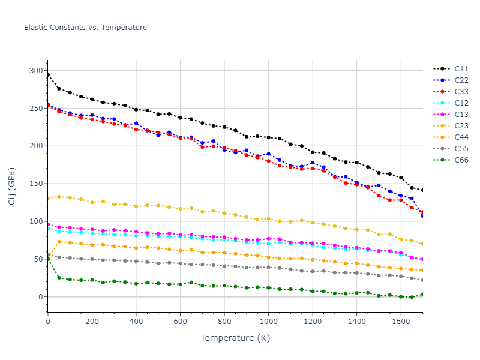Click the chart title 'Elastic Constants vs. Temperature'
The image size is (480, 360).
click(85, 28)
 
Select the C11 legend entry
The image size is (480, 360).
click(461, 69)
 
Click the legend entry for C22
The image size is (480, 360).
click(461, 80)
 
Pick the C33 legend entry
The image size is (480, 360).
click(461, 92)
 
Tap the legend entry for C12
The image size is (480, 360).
click(461, 103)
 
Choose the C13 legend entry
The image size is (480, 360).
click(461, 115)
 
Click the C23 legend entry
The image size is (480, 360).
click(461, 126)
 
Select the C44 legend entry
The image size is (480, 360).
click(461, 137)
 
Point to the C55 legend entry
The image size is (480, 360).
click(461, 149)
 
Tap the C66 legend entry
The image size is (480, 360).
click(461, 160)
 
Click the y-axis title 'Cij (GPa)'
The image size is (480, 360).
click(12, 186)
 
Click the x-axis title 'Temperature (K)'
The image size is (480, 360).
click(235, 338)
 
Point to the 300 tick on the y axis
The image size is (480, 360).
click(37, 71)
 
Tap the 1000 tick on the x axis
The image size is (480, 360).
click(268, 322)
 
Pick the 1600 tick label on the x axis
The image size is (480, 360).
click(400, 322)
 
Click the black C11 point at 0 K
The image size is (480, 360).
click(48, 75)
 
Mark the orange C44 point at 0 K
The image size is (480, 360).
click(48, 258)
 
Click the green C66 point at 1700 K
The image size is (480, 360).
click(422, 294)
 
